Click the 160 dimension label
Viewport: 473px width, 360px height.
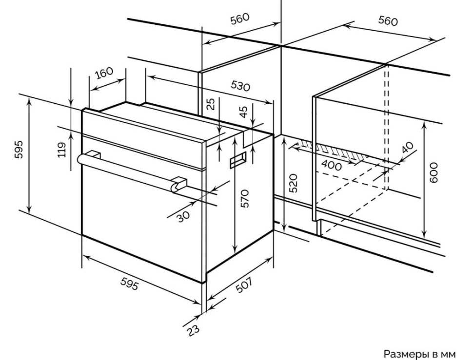tap(103, 74)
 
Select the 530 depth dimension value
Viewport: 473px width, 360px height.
tap(240, 86)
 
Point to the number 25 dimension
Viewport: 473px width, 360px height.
tap(211, 105)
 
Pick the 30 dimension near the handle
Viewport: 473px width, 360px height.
tap(183, 215)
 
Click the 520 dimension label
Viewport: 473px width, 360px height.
tap(293, 183)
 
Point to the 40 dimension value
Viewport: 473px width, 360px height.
tap(407, 148)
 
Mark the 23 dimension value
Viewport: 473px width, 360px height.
tap(193, 331)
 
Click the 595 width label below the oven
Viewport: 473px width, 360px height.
tap(130, 285)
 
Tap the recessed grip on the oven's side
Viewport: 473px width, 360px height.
tap(238, 161)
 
